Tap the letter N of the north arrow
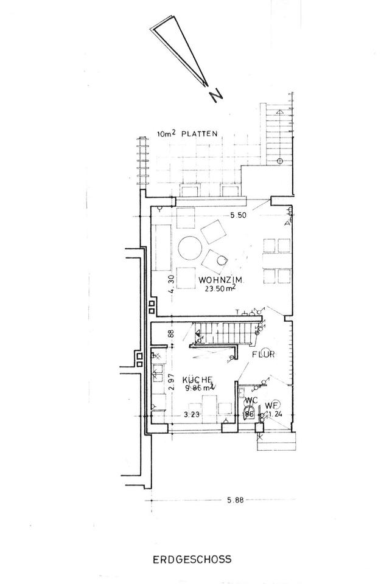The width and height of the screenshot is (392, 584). pos(215,94)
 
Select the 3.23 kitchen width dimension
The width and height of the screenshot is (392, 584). pos(192,415)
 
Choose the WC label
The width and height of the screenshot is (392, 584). pos(250,401)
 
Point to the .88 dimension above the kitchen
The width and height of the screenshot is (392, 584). pos(172,333)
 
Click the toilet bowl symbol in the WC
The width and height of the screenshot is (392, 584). pos(249,412)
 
